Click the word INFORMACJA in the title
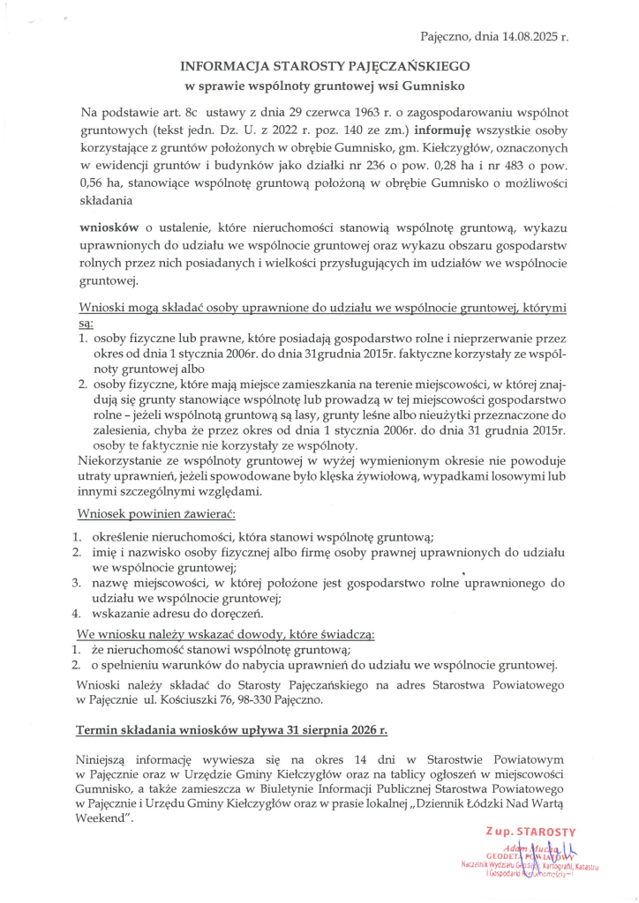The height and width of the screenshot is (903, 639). click(x=224, y=66)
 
